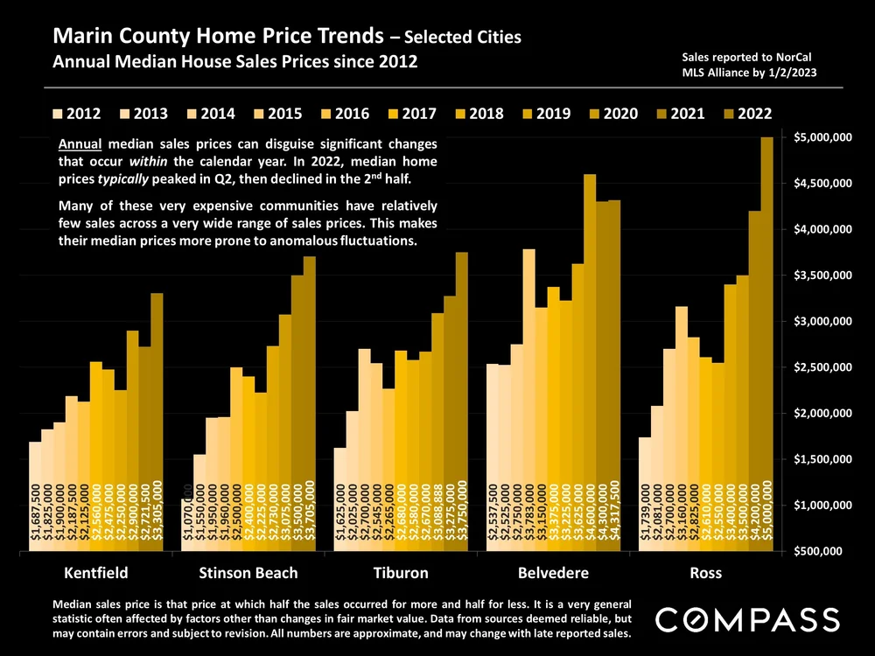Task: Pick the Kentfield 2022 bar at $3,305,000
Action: [157, 420]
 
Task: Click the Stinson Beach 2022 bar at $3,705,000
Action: [310, 402]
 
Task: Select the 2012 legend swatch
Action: [59, 114]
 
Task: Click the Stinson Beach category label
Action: [248, 574]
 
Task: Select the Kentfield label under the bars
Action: [96, 574]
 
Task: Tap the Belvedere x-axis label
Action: [553, 574]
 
